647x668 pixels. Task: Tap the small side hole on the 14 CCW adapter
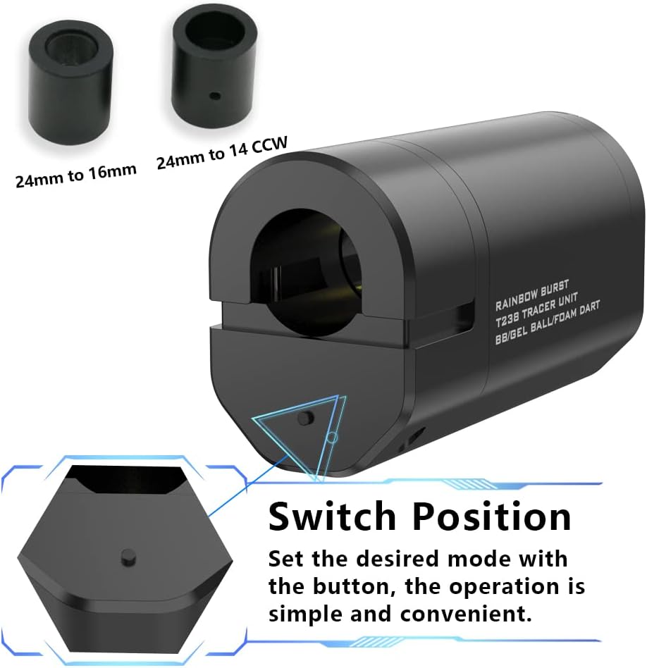click(216, 95)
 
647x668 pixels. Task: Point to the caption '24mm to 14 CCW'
click(221, 152)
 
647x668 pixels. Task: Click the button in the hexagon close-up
click(127, 554)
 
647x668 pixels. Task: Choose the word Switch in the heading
click(334, 517)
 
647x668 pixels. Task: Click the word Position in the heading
click(491, 517)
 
